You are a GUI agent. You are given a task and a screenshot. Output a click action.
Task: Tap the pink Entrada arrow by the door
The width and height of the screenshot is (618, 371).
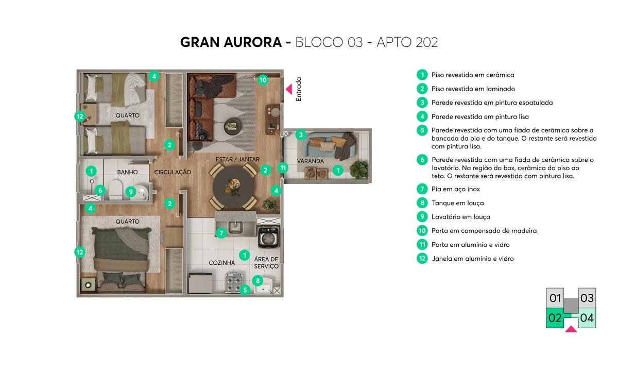pyautogui.click(x=289, y=89)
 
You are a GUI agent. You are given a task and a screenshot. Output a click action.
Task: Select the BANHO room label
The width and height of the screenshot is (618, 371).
pyautogui.click(x=127, y=172)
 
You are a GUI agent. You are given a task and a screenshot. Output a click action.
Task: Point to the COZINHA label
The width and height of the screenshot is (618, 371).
pyautogui.click(x=221, y=263)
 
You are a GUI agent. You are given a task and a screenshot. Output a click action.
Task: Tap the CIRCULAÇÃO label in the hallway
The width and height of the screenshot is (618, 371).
pyautogui.click(x=173, y=172)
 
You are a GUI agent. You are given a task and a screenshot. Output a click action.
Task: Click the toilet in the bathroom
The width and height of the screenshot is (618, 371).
pyautogui.click(x=116, y=190)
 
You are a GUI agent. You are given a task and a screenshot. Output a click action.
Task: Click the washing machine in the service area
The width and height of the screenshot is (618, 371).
pyautogui.click(x=268, y=238)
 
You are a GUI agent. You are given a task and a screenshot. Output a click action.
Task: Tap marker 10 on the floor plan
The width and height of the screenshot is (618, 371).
pyautogui.click(x=263, y=80)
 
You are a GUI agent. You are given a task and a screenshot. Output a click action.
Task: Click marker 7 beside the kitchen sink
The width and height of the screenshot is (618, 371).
pyautogui.click(x=220, y=233)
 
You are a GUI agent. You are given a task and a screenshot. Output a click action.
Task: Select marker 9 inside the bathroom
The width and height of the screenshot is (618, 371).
pyautogui.click(x=131, y=192)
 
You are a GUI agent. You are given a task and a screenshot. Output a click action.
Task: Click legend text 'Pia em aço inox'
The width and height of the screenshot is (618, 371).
pyautogui.click(x=455, y=189)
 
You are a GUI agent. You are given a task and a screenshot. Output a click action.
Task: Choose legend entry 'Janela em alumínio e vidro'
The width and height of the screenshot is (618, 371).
pyautogui.click(x=472, y=259)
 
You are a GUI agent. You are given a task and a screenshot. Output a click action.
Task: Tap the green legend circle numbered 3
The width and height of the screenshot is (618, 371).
pyautogui.click(x=422, y=103)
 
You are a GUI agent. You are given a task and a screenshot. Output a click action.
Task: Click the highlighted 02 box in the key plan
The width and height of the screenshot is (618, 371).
pyautogui.click(x=555, y=318)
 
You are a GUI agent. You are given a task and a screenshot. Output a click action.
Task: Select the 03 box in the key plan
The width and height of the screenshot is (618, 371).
pyautogui.click(x=587, y=298)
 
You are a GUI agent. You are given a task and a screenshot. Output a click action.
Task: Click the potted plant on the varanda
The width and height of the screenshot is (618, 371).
pyautogui.click(x=359, y=168)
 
